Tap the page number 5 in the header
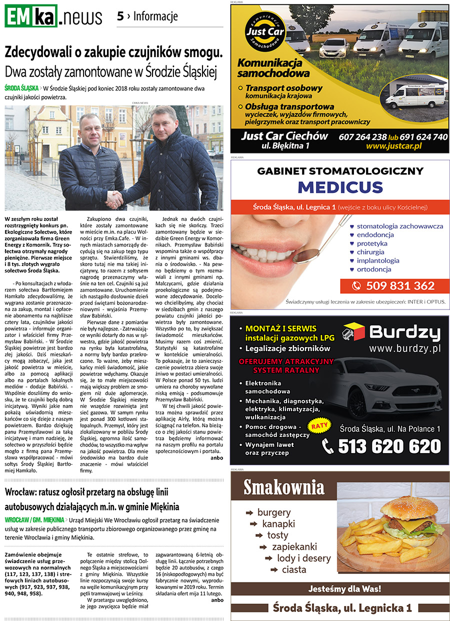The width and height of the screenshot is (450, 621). coord(120,16)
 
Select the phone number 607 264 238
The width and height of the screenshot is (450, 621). coord(363,136)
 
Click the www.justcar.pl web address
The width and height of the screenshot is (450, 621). coord(393,146)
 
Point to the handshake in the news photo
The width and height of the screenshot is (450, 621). coord(115,198)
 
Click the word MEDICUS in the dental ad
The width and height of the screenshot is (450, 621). coord(340,187)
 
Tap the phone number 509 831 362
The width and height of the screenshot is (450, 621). coord(400,286)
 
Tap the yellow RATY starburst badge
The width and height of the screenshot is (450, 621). coord(320,426)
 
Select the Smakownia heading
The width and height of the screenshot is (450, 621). coord(283,487)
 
